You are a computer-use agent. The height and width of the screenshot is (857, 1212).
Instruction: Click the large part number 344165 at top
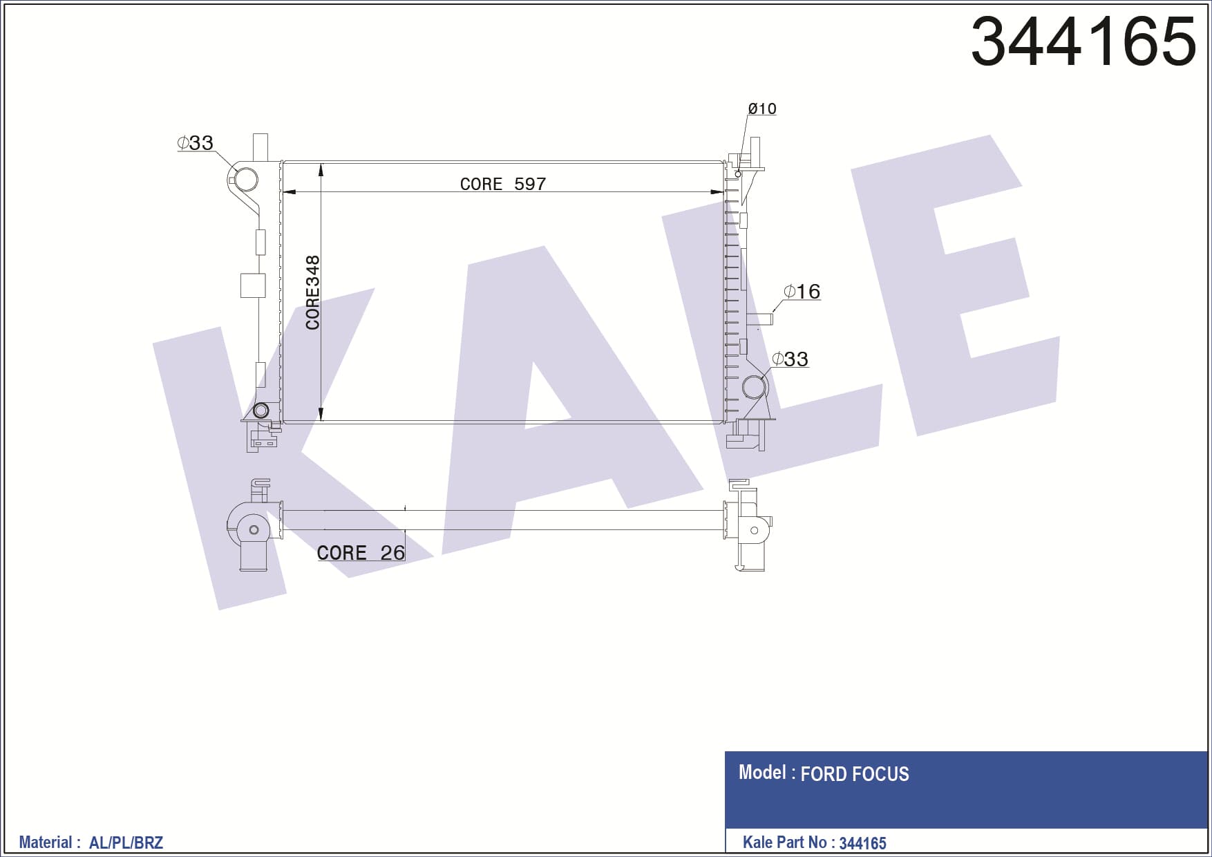click(1083, 41)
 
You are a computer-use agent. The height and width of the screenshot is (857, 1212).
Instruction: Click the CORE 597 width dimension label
click(503, 184)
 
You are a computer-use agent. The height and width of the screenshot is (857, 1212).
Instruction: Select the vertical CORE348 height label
click(313, 292)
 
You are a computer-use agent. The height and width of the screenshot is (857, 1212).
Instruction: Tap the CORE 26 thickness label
click(361, 553)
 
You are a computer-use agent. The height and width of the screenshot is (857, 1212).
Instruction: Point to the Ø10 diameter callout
click(762, 109)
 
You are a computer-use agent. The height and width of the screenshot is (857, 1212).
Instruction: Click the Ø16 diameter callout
click(802, 292)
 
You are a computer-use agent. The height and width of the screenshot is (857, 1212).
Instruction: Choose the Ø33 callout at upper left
click(196, 143)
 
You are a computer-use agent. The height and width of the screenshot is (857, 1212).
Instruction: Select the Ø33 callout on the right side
click(790, 359)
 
